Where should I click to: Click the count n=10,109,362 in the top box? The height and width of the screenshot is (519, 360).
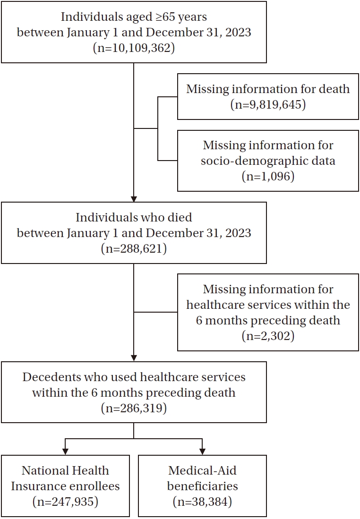tap(134, 48)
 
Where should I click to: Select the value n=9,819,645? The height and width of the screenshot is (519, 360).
tap(268, 104)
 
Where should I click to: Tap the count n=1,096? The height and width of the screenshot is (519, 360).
tap(268, 177)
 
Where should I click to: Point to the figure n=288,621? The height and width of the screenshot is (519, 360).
tap(134, 248)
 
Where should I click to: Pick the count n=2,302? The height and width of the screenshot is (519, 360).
tap(268, 336)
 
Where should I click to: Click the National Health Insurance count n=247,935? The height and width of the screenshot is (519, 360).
tap(65, 502)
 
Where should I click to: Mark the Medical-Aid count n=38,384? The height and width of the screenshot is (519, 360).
tap(202, 502)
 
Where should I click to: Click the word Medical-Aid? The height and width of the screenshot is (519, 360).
tap(202, 470)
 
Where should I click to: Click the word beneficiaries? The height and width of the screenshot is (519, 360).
tap(202, 486)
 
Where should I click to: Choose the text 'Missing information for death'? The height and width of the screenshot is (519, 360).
tap(268, 89)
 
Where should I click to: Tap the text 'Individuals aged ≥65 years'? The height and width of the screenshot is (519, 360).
tap(134, 17)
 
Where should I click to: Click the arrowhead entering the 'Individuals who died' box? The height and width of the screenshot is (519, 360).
tap(134, 198)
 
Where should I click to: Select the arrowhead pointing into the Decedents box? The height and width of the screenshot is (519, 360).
tap(134, 358)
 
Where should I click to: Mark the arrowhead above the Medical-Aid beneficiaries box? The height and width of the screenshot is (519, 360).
tap(202, 451)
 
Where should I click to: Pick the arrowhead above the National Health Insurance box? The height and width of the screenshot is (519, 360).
tap(65, 451)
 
